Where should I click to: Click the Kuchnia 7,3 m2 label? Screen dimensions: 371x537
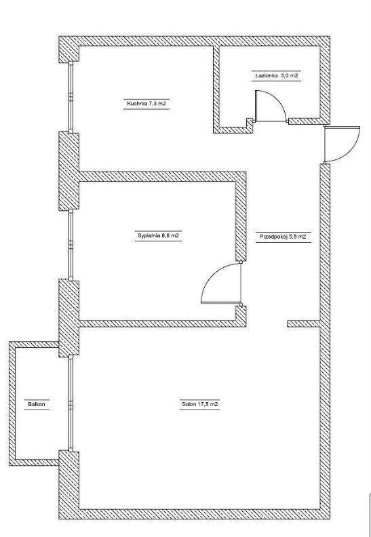pyautogui.click(x=147, y=104)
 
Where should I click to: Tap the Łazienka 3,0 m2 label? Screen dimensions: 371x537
pyautogui.click(x=278, y=76)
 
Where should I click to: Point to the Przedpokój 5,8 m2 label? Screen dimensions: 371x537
pyautogui.click(x=283, y=237)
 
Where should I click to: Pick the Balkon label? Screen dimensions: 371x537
pyautogui.click(x=37, y=404)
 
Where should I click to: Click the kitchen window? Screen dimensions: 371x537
pyautogui.click(x=71, y=97)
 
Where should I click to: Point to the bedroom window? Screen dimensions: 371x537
pyautogui.click(x=71, y=245)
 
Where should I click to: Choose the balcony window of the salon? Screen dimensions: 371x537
pyautogui.click(x=71, y=403)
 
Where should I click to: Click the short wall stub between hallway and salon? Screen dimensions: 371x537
pyautogui.click(x=303, y=323)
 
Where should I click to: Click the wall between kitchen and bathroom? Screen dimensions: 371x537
pyautogui.click(x=216, y=89)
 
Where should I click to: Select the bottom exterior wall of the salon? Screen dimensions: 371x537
pyautogui.click(x=195, y=514)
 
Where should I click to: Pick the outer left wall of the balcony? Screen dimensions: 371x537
pyautogui.click(x=12, y=403)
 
